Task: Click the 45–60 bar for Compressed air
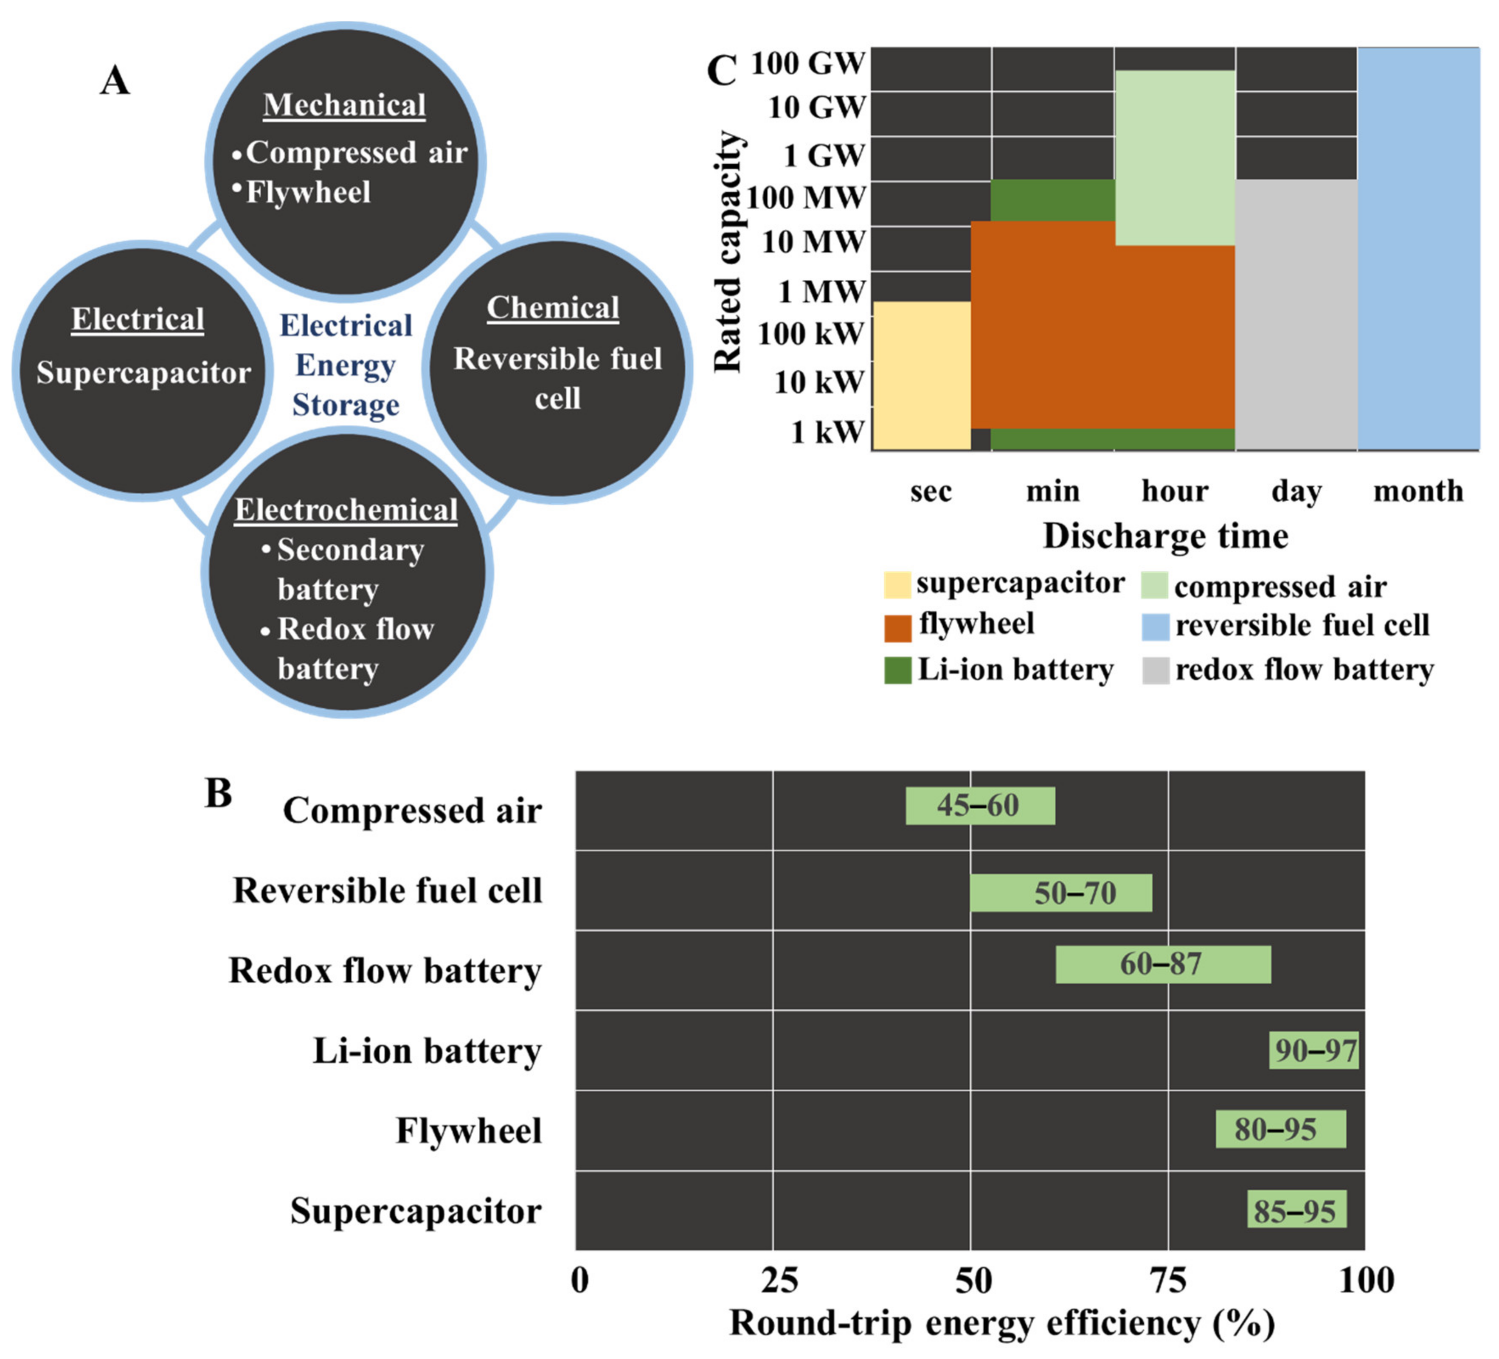(979, 806)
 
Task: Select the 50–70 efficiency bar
(1061, 893)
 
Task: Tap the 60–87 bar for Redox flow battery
(1163, 964)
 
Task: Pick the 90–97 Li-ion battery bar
(1314, 1050)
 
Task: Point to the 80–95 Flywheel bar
(1280, 1129)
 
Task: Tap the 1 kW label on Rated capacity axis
(827, 432)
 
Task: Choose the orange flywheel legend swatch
(897, 628)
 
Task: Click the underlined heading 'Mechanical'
(344, 105)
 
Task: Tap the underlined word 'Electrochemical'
(346, 510)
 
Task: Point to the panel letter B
(218, 793)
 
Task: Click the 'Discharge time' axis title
(1165, 536)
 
